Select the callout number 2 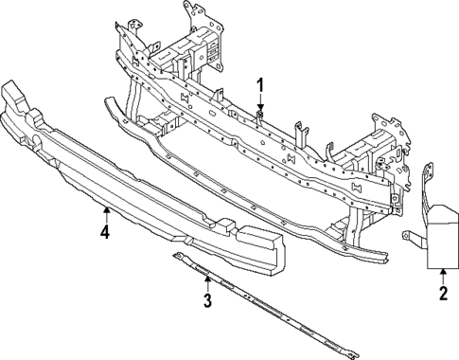pos(442,295)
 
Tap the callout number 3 pos(207,302)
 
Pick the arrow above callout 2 pos(442,275)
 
